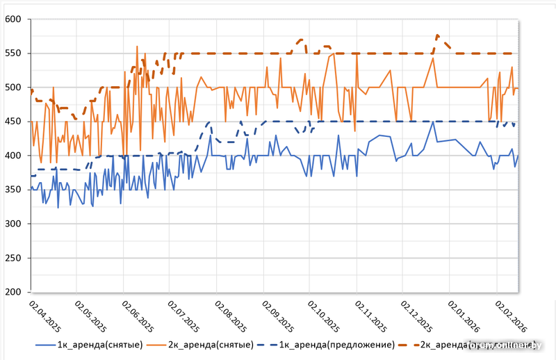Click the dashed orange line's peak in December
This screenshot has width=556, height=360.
tap(437, 35)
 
